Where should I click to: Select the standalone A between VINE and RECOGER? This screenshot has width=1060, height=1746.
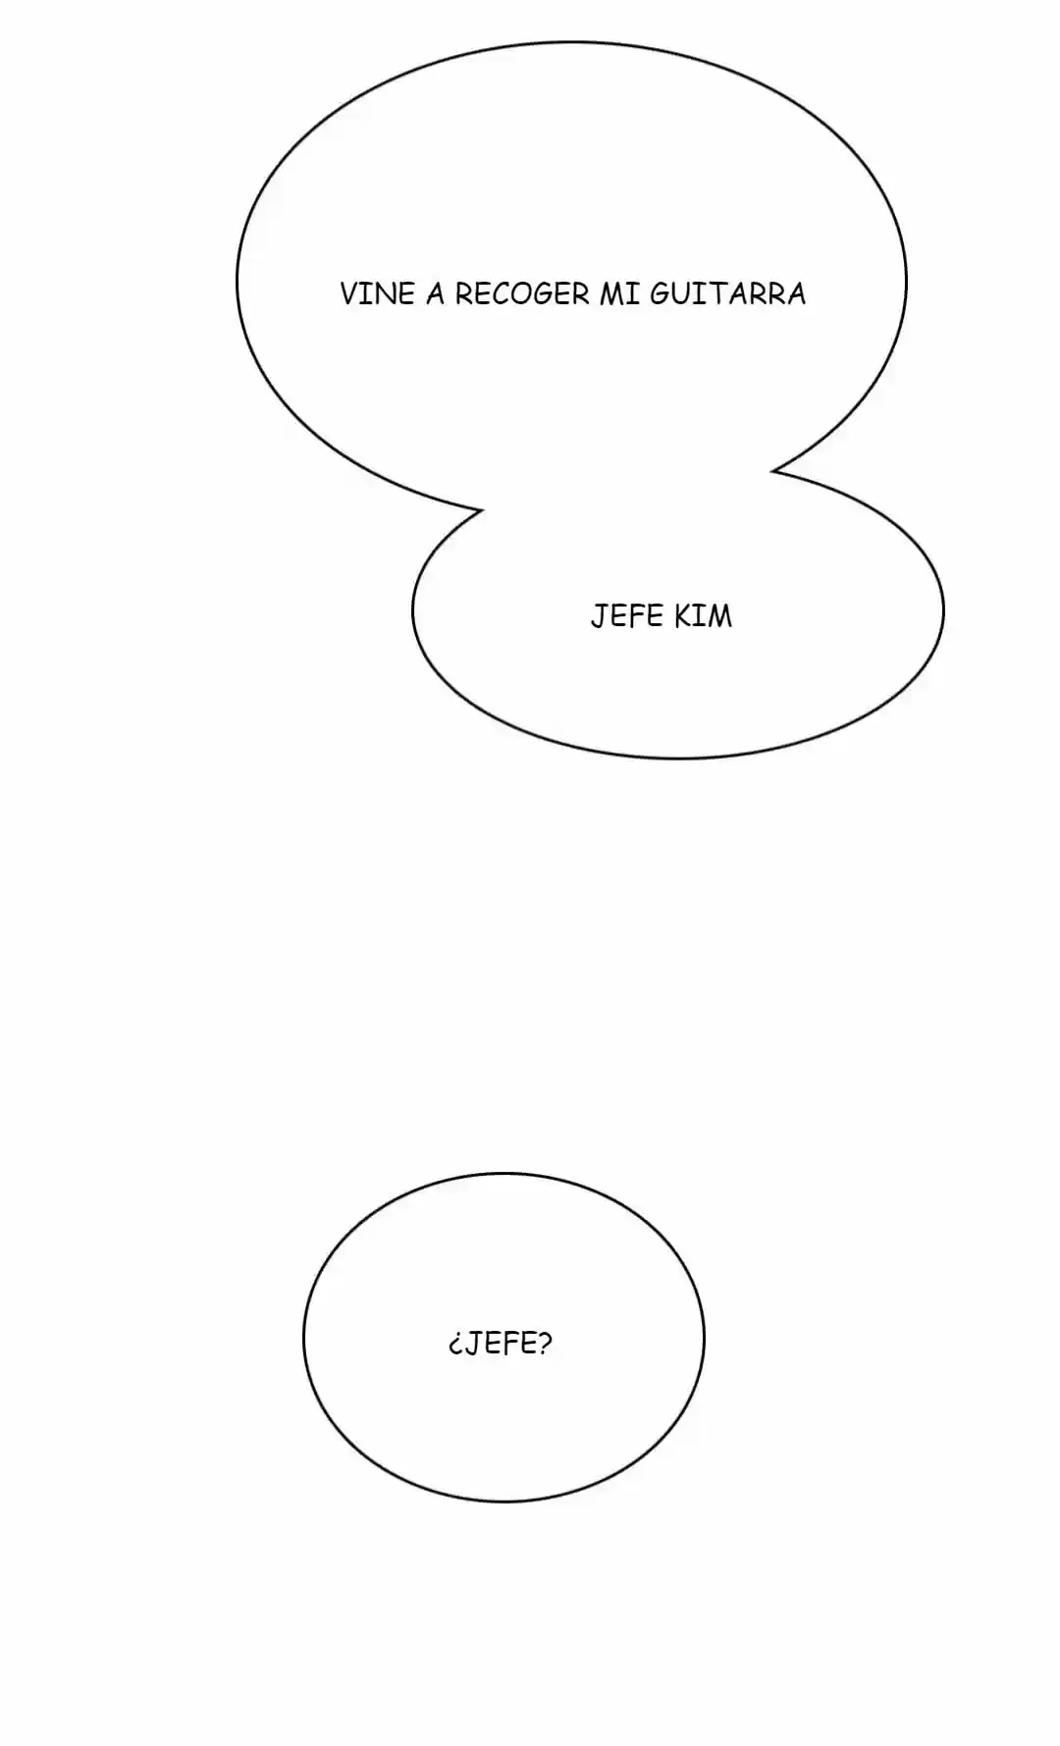[435, 293]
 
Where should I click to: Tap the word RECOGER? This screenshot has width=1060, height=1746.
[522, 293]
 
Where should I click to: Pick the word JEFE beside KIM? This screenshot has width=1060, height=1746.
[627, 616]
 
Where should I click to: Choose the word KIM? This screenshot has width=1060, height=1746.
[703, 616]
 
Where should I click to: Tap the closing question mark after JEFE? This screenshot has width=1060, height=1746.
[545, 1342]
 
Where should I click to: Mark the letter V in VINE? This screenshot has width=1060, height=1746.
[349, 293]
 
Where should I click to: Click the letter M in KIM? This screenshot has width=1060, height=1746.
[720, 616]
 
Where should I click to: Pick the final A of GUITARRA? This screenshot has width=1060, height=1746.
[796, 293]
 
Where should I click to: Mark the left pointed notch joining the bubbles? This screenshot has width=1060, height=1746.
[481, 510]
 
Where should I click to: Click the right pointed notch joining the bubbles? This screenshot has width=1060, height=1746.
[772, 471]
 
